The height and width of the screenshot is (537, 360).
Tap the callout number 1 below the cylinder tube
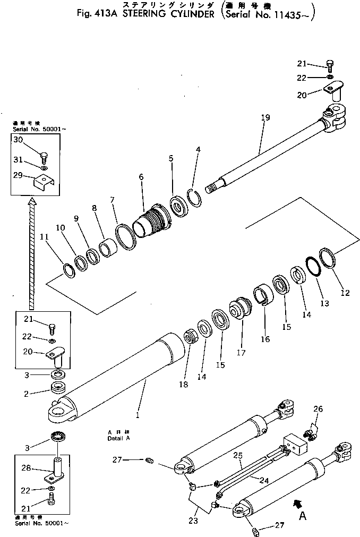pos(138,414)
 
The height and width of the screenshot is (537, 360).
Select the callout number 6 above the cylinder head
pos(141,177)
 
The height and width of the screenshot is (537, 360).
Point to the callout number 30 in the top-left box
pos(18,140)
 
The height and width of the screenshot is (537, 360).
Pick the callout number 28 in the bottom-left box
pos(18,469)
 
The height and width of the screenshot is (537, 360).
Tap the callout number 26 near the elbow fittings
pos(318,408)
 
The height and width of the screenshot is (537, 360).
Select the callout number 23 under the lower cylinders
pos(193,521)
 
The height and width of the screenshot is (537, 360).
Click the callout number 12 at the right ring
pos(345,292)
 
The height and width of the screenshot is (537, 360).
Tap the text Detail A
pos(119,439)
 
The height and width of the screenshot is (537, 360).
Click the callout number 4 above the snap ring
pos(198,150)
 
